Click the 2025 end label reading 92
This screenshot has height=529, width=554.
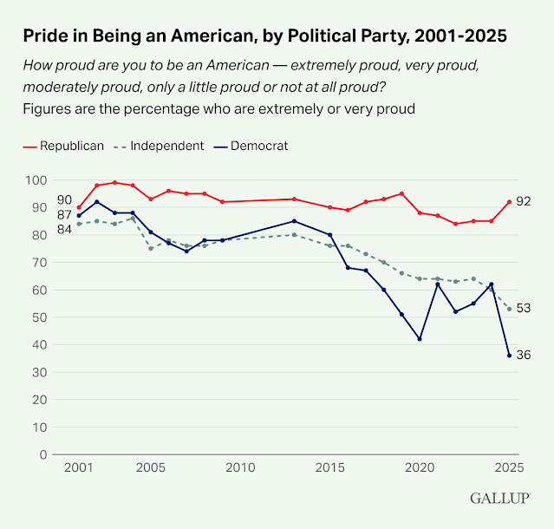(523, 201)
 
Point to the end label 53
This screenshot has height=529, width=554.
(523, 308)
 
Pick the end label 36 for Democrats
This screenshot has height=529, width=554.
(523, 355)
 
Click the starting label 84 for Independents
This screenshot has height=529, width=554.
(65, 229)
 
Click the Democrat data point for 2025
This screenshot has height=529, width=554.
(509, 355)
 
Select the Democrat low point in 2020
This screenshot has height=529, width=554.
(420, 338)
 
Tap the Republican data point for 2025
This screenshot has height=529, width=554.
(509, 201)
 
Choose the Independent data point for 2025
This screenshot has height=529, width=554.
(509, 308)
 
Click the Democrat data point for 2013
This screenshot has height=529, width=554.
(294, 220)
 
